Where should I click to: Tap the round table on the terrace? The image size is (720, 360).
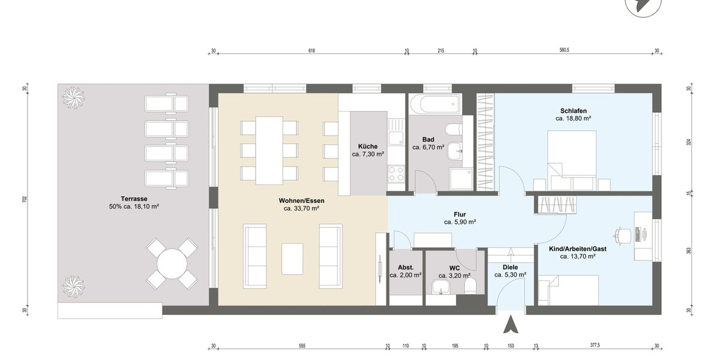pyautogui.click(x=172, y=263)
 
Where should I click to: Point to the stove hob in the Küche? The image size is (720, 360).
pyautogui.click(x=395, y=175)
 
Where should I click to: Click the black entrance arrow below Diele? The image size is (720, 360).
pyautogui.click(x=510, y=326)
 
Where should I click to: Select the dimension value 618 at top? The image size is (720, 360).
pyautogui.click(x=311, y=51)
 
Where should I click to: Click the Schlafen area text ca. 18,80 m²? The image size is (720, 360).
pyautogui.click(x=574, y=119)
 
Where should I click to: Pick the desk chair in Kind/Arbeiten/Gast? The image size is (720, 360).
pyautogui.click(x=623, y=233)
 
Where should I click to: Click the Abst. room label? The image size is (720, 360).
pyautogui.click(x=406, y=268)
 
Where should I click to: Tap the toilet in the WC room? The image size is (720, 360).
pyautogui.click(x=470, y=284)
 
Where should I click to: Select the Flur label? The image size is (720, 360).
pyautogui.click(x=460, y=214)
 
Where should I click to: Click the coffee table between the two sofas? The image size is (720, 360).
pyautogui.click(x=293, y=256)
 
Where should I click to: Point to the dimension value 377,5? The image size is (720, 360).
pyautogui.click(x=595, y=346)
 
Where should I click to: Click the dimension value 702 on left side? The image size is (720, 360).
pyautogui.click(x=25, y=199)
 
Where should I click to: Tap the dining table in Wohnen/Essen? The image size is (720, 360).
pyautogui.click(x=269, y=150)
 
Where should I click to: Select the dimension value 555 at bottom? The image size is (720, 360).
pyautogui.click(x=302, y=346)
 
